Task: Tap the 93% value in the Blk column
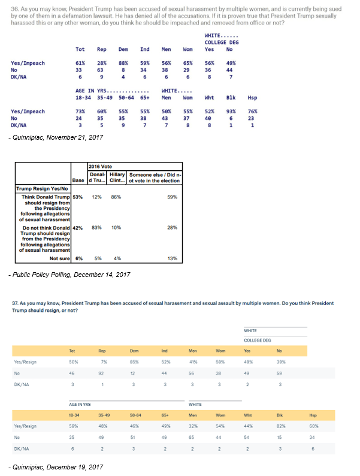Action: [230, 112]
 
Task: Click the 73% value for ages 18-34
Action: [80, 112]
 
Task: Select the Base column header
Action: [78, 179]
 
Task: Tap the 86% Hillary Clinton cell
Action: [116, 197]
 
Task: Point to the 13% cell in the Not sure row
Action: [173, 258]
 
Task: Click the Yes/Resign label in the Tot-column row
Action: [25, 361]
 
